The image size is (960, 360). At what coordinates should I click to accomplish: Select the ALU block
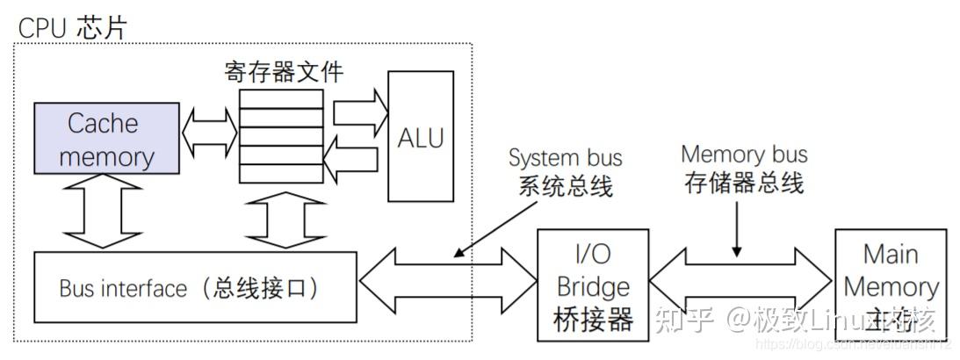pos(421,136)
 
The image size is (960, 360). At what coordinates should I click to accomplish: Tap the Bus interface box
pos(196,287)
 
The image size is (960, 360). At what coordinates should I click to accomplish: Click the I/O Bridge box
pos(593,285)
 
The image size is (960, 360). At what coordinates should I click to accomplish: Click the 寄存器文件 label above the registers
pos(284,71)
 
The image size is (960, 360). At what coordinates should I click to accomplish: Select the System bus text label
pos(566,158)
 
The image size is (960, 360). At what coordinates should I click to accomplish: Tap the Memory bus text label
pos(744,155)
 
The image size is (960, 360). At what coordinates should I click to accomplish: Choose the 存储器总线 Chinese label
pos(744,184)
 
